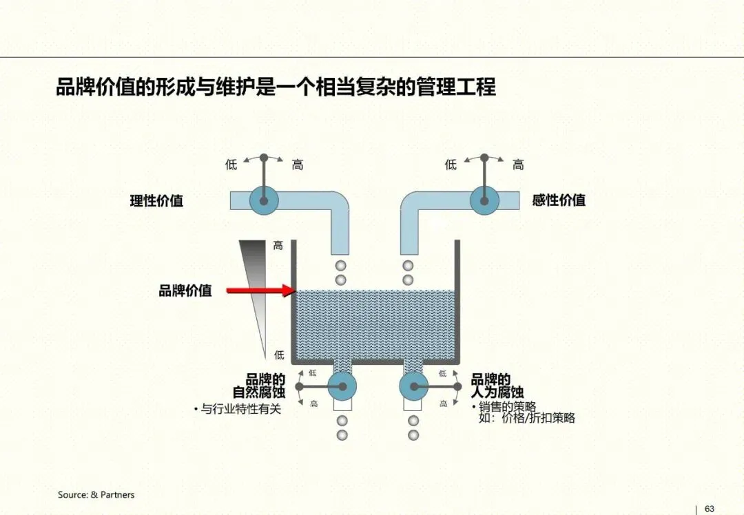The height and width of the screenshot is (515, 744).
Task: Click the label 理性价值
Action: [x=156, y=201]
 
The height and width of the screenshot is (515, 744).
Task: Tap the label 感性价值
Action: [x=559, y=200]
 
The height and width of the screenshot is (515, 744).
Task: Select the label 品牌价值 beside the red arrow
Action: [x=185, y=291]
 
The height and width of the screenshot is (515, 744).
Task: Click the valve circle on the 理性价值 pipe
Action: [x=263, y=200]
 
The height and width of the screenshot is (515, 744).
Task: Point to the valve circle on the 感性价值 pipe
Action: [x=484, y=200]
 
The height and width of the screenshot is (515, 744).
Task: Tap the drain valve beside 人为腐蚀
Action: [x=413, y=386]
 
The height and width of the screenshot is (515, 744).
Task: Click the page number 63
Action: [x=710, y=509]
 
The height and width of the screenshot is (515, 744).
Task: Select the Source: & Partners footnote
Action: [x=96, y=494]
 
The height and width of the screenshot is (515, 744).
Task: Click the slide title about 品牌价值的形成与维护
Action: [x=276, y=88]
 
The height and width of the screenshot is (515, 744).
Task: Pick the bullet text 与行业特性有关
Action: [x=241, y=409]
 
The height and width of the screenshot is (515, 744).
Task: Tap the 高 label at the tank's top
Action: [x=278, y=246]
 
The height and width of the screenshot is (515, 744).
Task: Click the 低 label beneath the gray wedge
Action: [x=278, y=355]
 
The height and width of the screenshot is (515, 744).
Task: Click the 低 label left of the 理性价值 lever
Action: [x=231, y=165]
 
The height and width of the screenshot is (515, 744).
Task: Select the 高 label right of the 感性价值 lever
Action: [x=518, y=165]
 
